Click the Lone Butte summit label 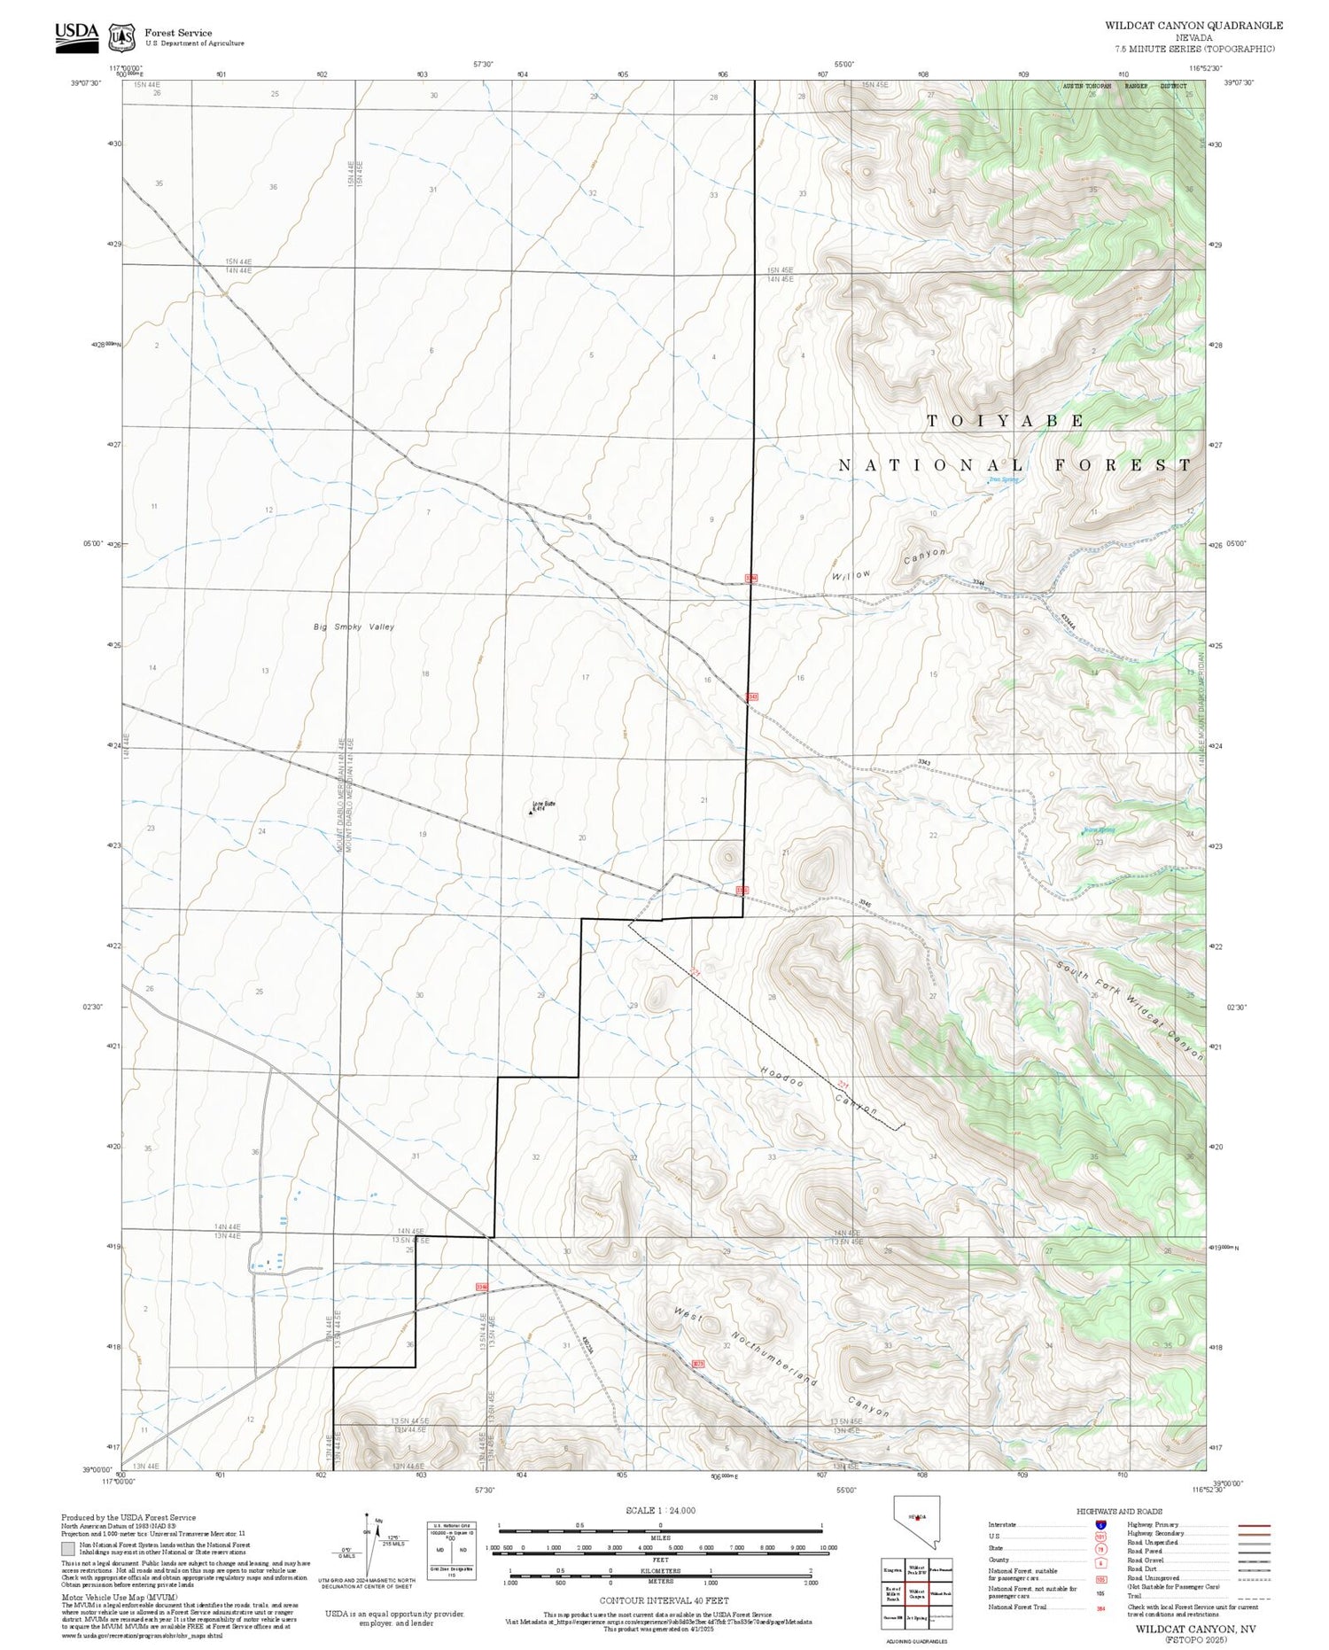[x=542, y=806]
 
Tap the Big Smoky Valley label [x=354, y=627]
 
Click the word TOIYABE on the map [x=1005, y=421]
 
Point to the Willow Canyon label [x=889, y=564]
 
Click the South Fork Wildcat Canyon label [x=1130, y=1010]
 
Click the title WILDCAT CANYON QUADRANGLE [x=1193, y=26]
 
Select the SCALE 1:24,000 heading [x=660, y=1511]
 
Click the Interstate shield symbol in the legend [x=1100, y=1524]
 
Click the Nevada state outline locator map [x=916, y=1521]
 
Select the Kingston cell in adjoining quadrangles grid [x=892, y=1569]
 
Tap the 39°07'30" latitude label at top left [x=86, y=82]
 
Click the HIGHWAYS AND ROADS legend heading [x=1119, y=1511]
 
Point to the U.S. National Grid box [x=451, y=1548]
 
